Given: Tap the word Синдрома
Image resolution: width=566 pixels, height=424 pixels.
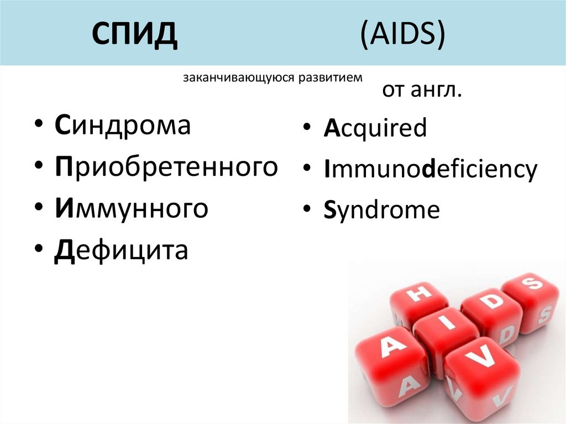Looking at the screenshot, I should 123,126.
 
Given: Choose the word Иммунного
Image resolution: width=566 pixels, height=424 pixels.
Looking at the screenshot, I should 132,208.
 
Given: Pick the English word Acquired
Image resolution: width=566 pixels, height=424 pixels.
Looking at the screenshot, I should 375,128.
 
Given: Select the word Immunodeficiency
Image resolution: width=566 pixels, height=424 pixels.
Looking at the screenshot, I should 431,170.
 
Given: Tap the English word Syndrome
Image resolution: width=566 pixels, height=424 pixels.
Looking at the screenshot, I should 381,211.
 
